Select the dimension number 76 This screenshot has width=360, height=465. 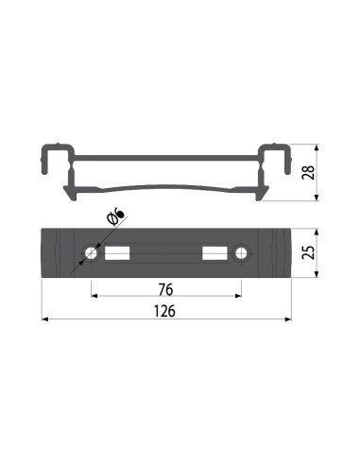(x=166, y=287)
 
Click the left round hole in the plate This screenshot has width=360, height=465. (x=93, y=253)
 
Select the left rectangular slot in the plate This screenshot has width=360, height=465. (x=117, y=253)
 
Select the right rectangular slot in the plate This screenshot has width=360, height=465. (x=215, y=253)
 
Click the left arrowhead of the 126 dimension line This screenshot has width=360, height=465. (x=45, y=322)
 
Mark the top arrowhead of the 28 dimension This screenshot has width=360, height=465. (x=315, y=148)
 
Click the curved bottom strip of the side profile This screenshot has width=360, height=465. (x=166, y=187)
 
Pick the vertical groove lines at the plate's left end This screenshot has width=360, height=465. (x=59, y=253)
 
